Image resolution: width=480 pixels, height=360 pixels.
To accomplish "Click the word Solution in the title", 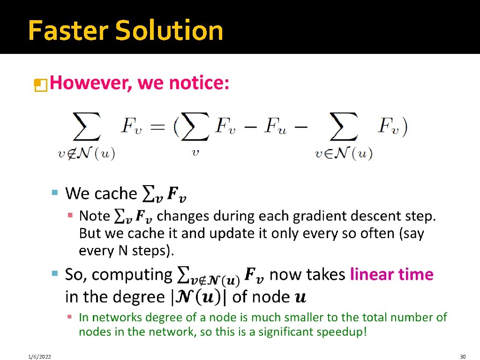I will coord(169,30).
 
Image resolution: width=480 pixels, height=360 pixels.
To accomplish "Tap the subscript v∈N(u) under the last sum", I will coord(343,154).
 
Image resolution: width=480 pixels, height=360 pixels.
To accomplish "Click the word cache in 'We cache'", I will coord(115,193).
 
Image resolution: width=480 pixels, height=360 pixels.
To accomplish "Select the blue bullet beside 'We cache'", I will coord(55,192).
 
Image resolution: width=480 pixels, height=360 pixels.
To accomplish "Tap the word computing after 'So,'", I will coord(132,275).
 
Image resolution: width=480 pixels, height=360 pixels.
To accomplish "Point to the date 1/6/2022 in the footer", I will coord(39,356).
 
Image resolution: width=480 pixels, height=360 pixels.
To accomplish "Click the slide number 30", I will coord(463,356).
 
